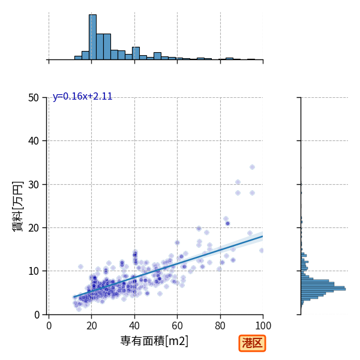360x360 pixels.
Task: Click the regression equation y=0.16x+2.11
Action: tap(82, 96)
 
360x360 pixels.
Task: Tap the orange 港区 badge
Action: tap(252, 343)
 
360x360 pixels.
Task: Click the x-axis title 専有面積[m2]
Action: tap(154, 341)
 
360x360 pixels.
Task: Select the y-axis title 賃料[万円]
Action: tap(17, 206)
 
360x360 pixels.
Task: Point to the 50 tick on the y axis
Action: tap(34, 98)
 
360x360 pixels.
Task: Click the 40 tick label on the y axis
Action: tap(34, 141)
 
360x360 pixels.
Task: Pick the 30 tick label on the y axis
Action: tap(34, 185)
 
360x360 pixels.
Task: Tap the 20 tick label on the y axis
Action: tap(34, 228)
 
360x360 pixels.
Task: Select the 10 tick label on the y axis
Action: tap(34, 271)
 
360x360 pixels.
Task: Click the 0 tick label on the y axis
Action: tap(37, 315)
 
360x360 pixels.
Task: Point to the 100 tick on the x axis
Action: tap(263, 326)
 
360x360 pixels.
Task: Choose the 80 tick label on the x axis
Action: tap(220, 326)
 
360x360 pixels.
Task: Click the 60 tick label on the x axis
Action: tap(177, 326)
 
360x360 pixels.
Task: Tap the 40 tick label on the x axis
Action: tap(134, 326)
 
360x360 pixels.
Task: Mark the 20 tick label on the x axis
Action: tap(92, 326)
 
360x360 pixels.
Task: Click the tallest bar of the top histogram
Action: tap(92, 37)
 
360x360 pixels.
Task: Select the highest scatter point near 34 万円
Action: tap(253, 167)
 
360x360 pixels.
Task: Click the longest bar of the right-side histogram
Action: tap(323, 289)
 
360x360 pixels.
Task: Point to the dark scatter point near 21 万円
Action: tap(227, 223)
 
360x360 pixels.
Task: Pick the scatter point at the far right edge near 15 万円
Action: tap(261, 250)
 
